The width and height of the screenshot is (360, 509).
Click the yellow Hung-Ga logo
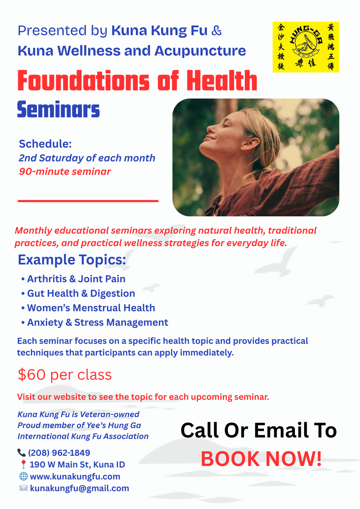(x=306, y=47)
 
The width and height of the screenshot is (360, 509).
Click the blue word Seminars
(x=58, y=110)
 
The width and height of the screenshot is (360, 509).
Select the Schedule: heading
(x=45, y=144)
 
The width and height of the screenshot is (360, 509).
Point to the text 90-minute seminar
(x=65, y=172)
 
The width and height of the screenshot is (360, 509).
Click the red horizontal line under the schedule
(x=88, y=201)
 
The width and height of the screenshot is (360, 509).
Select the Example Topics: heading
(x=72, y=260)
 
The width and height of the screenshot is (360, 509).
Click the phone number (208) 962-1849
(x=59, y=453)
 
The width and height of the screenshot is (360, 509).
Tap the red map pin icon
(x=23, y=465)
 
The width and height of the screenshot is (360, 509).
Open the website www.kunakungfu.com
(x=75, y=477)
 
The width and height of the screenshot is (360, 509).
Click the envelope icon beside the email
(x=23, y=488)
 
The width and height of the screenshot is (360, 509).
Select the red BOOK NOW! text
(x=261, y=459)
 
